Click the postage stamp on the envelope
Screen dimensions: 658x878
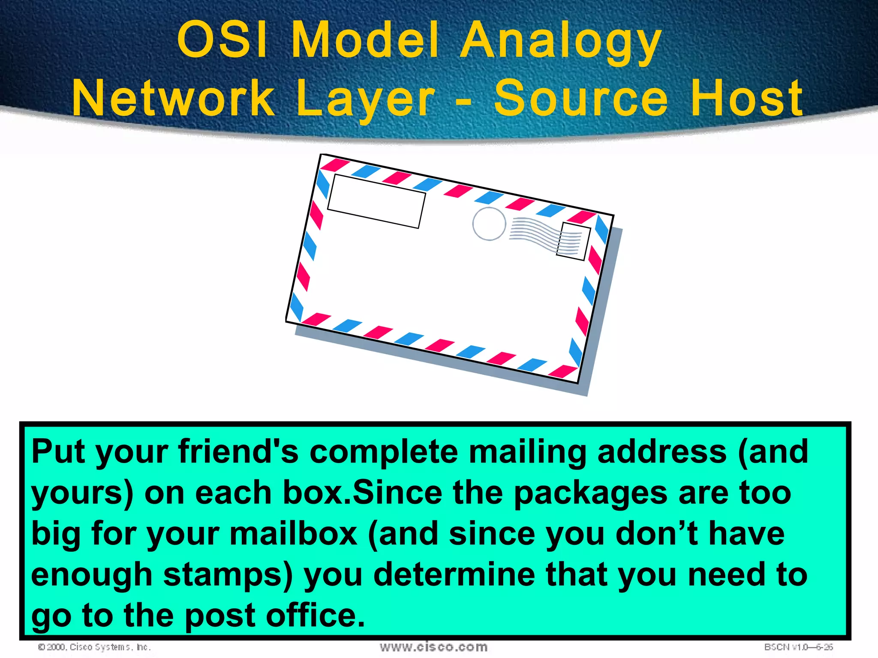coord(573,242)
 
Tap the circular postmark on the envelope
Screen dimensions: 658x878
coord(489,224)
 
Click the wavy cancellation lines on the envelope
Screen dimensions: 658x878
coord(534,233)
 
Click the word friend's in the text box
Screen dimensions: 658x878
coord(238,452)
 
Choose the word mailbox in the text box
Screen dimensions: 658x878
coord(293,534)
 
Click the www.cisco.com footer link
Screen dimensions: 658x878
coord(433,647)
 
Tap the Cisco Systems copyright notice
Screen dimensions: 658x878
coord(94,647)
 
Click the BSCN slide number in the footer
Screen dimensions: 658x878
coord(798,647)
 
